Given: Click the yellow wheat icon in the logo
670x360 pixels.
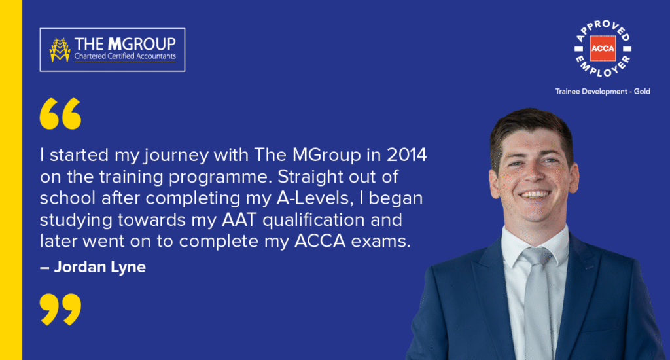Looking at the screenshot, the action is coord(60,50).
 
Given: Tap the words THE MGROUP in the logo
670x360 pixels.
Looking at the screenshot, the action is coord(125,44).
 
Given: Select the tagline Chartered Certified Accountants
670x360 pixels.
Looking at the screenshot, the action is coord(125,56).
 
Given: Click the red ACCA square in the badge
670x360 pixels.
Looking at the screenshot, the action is coord(603,48).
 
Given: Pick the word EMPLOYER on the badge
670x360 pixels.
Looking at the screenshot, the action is coord(603,67).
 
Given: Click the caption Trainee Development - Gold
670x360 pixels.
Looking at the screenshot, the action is coord(603,91).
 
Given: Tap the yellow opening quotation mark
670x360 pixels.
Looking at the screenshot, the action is coord(60,113).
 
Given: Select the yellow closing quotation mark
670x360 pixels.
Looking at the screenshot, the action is coord(60,309).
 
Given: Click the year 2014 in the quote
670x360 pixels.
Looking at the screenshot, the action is coord(407,154).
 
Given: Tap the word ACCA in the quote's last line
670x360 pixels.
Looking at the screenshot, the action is coord(320,241).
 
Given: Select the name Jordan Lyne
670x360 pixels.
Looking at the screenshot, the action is coord(99,267).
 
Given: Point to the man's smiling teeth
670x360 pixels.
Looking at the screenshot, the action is coord(535,194).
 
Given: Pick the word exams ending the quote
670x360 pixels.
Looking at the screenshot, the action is coord(381,242).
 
